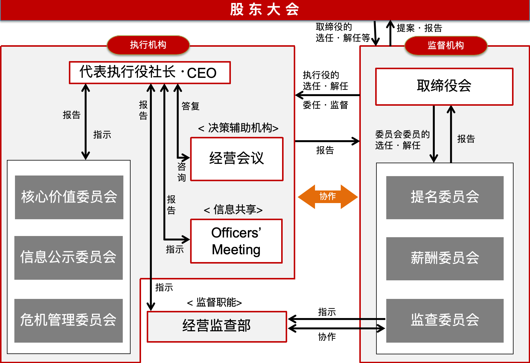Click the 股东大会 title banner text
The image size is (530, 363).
[264, 9]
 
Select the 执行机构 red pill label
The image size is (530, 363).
[148, 45]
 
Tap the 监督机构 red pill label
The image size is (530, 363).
[446, 46]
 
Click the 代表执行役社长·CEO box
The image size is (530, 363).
[150, 72]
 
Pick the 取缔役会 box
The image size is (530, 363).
[444, 86]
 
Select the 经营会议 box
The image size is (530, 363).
[237, 159]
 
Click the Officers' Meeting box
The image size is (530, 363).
[236, 241]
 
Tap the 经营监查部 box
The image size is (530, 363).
[217, 326]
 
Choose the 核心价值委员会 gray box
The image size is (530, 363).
[69, 197]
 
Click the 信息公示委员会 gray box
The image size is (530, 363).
[69, 258]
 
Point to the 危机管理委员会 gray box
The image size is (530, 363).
[69, 320]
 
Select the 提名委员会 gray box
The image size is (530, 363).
[445, 197]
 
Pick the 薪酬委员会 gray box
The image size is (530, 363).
[445, 258]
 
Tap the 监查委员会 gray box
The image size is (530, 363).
[445, 320]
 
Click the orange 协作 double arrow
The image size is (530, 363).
[328, 196]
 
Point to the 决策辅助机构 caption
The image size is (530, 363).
[238, 128]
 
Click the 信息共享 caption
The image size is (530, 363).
[233, 210]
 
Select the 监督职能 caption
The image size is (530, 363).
[214, 302]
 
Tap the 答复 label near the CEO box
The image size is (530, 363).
[190, 106]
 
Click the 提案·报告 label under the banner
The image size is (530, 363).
[419, 28]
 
